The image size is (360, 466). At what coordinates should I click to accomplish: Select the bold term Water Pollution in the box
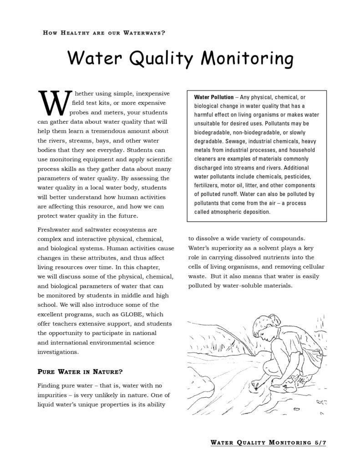click(213, 97)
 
